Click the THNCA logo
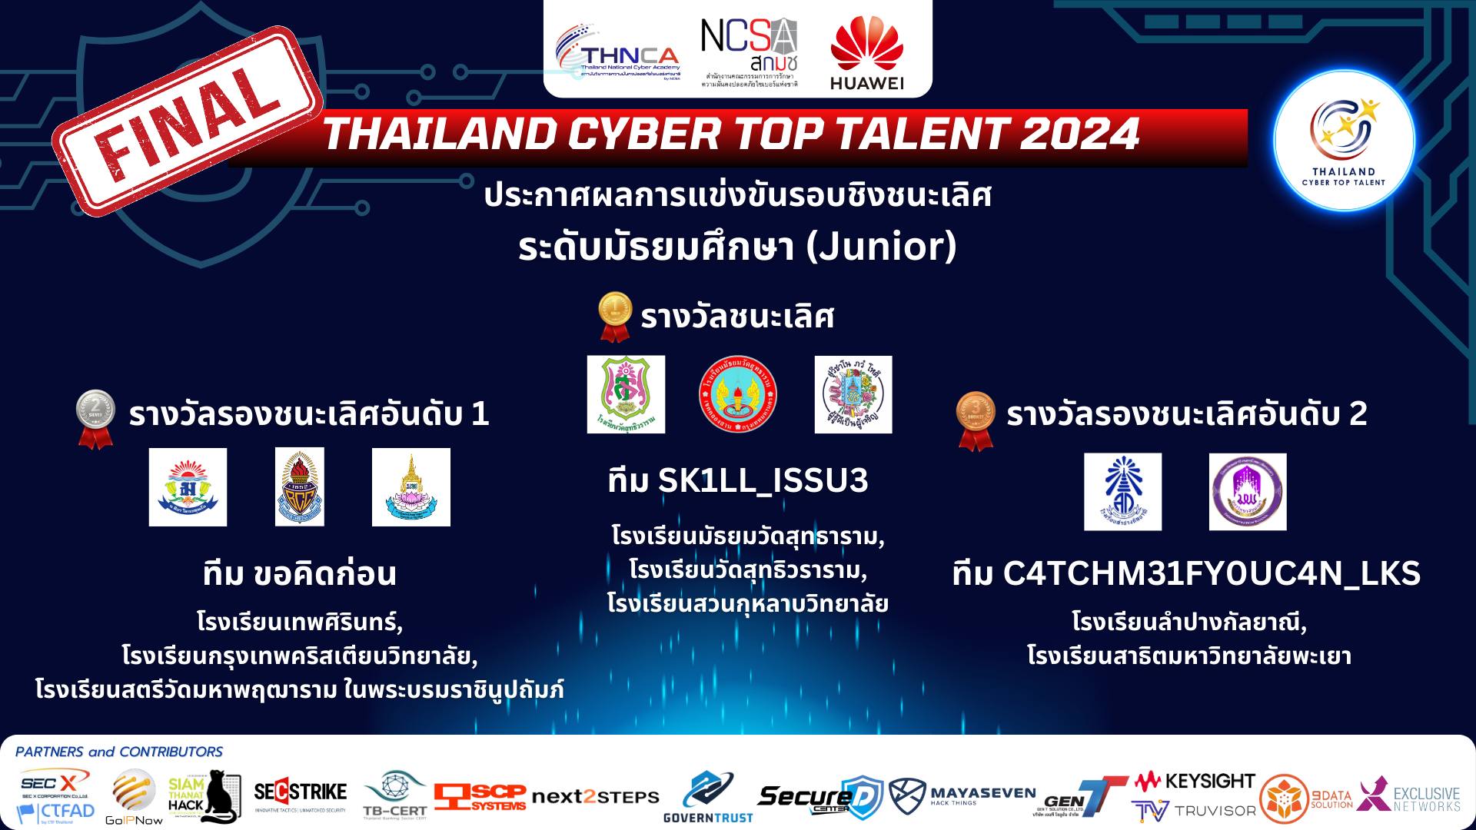tap(617, 57)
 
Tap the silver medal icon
tap(95, 420)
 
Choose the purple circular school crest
tap(1247, 492)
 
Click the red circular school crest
tap(737, 394)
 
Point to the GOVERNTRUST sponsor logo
tap(708, 798)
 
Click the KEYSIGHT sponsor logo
tap(1195, 782)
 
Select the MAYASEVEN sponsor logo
tap(962, 796)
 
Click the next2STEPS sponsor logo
tap(595, 797)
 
